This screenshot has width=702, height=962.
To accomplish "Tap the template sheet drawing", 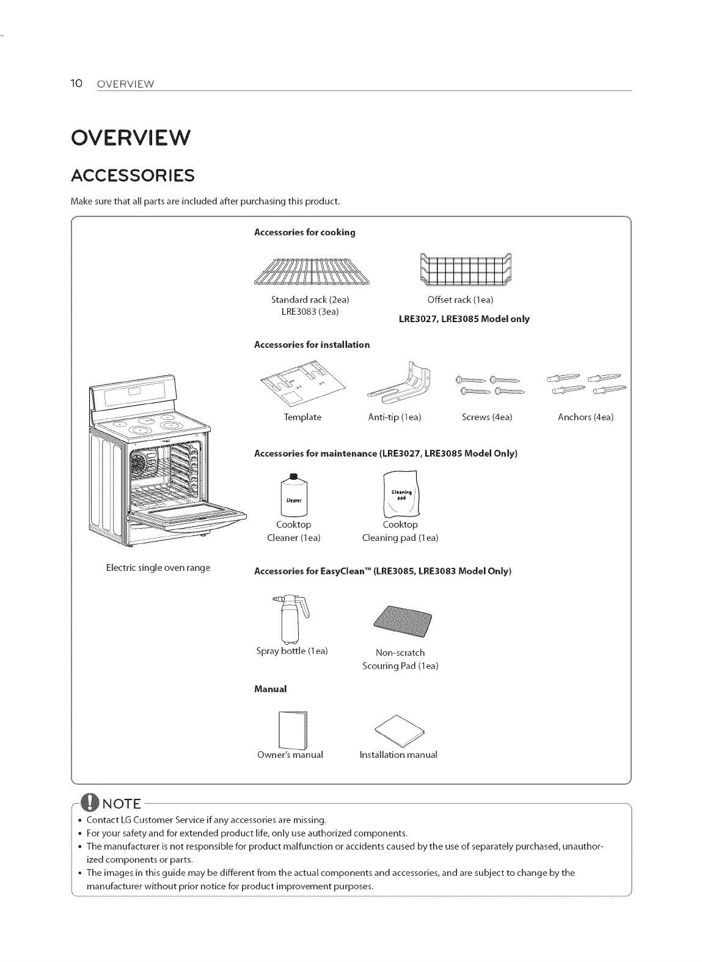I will point(302,385).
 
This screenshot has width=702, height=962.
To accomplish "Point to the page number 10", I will point(76,83).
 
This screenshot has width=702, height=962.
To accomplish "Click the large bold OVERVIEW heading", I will point(131,138).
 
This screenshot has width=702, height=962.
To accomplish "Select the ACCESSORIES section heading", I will point(133,176).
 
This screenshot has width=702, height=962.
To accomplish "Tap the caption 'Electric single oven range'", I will point(158,568).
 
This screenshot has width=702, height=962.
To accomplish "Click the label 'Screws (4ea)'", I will point(487,417).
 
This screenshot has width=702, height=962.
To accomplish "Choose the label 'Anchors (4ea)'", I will point(585,417).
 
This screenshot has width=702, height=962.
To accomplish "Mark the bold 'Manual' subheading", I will point(270,689).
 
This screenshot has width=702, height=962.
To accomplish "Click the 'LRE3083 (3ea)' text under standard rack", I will point(310,311).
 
